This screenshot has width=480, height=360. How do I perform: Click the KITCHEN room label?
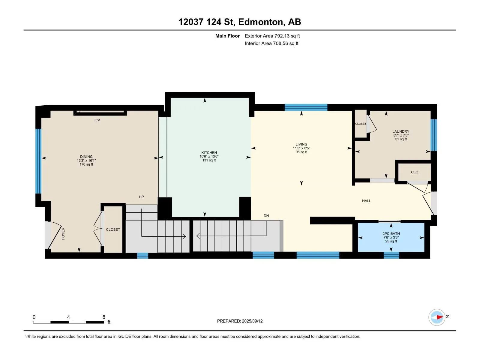click(209, 153)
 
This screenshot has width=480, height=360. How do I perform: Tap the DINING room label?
click(86, 157)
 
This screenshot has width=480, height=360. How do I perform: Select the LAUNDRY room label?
click(400, 131)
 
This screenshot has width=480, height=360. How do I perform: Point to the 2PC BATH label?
click(391, 233)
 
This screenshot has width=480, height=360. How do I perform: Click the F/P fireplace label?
click(97, 120)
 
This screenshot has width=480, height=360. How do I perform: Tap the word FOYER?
click(63, 233)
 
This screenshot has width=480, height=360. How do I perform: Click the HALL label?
click(366, 201)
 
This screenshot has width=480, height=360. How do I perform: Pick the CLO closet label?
click(414, 172)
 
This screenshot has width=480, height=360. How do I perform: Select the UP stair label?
click(142, 197)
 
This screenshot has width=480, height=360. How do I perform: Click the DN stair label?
click(266, 216)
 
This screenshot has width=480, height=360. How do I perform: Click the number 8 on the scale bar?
click(104, 317)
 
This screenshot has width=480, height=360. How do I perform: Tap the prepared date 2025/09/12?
click(252, 321)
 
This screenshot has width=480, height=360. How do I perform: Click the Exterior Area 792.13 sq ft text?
click(272, 36)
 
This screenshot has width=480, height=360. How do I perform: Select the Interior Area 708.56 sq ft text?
click(271, 43)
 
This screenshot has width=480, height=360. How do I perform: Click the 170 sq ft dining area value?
click(86, 164)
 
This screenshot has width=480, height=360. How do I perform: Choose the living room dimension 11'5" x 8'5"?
click(301, 148)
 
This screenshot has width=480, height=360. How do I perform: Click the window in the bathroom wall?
click(391, 255)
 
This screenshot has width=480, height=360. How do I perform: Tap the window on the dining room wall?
click(38, 161)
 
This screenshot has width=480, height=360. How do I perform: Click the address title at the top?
click(240, 22)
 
